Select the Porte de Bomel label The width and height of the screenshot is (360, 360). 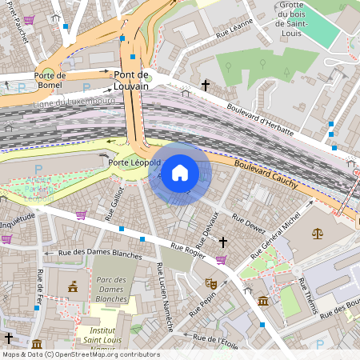[49, 79]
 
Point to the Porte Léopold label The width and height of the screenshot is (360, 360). [134, 162]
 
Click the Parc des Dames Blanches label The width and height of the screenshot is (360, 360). [111, 290]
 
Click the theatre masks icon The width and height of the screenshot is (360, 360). [211, 283]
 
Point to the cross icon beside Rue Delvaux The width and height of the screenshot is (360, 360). [223, 241]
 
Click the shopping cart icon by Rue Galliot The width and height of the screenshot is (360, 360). [81, 215]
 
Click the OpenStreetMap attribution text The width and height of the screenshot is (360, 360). [80, 354]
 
